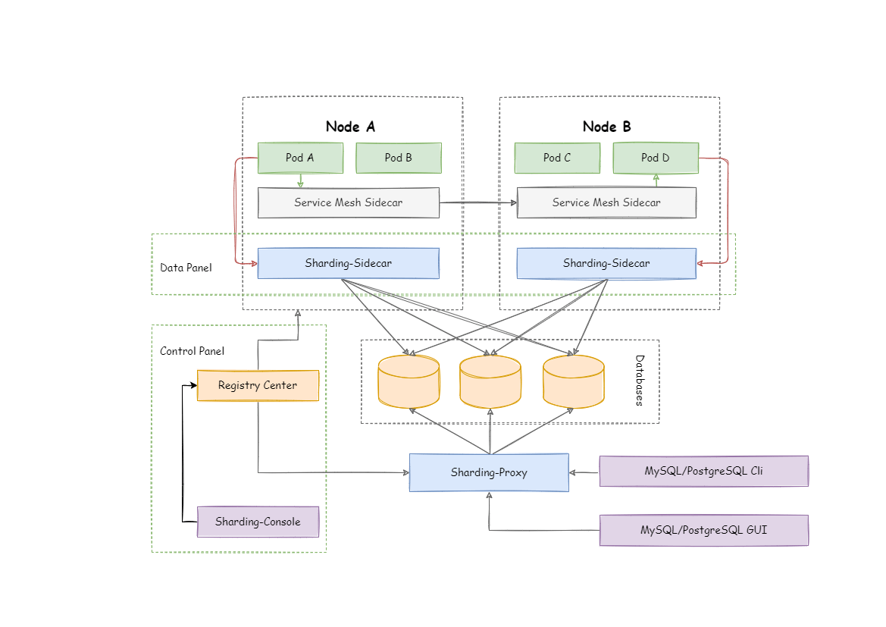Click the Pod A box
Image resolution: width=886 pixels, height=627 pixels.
[299, 158]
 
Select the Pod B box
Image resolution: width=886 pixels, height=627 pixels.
[398, 158]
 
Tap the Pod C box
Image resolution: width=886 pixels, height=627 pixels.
[557, 158]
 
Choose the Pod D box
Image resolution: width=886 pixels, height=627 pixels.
[655, 158]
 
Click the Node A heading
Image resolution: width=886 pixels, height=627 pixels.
[350, 127]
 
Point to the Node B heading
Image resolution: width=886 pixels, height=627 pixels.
[606, 127]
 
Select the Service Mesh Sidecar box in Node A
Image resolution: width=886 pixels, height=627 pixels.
[348, 202]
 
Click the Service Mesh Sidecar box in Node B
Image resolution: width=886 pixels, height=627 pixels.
[606, 202]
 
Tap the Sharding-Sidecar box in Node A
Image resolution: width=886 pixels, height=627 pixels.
[348, 263]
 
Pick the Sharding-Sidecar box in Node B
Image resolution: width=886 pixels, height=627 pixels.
[606, 263]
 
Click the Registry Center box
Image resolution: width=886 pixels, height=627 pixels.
[258, 385]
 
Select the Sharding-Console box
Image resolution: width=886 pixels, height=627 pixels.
[258, 522]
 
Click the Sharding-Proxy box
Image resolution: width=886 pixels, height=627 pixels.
[489, 472]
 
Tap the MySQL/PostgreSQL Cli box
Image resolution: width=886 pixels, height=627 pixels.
[703, 471]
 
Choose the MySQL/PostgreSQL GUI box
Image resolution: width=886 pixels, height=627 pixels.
[703, 530]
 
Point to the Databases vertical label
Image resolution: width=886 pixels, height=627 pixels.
[639, 381]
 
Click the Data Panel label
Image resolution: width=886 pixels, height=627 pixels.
[186, 268]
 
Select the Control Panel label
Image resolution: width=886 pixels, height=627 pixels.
[192, 351]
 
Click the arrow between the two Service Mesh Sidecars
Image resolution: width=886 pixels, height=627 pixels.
[478, 202]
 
